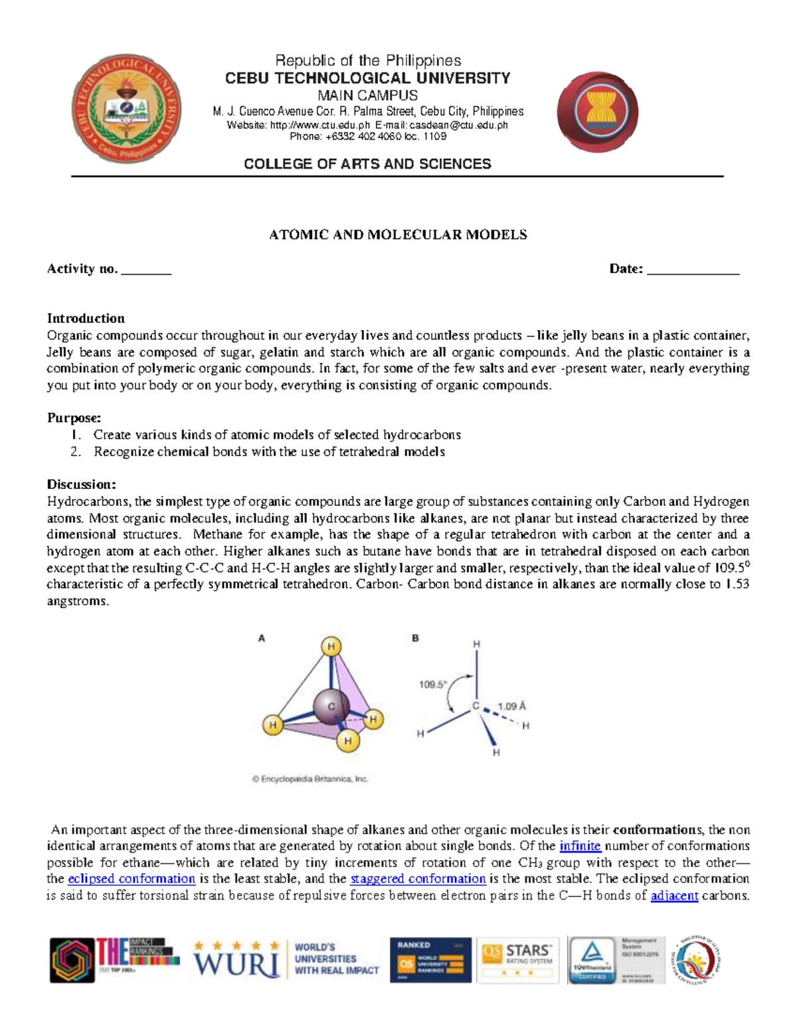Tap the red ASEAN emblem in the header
[597, 112]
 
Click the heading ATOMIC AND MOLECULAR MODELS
[397, 235]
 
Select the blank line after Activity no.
[147, 270]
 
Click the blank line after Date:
[693, 270]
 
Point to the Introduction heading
[86, 318]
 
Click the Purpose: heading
[74, 418]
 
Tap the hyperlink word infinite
[580, 846]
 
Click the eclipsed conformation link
[132, 878]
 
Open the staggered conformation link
[418, 878]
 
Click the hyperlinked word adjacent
[674, 895]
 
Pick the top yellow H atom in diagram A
[331, 646]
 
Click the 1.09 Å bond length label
[512, 706]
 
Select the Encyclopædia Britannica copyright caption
[310, 779]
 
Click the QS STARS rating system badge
[518, 960]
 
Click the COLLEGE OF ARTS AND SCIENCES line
[367, 164]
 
